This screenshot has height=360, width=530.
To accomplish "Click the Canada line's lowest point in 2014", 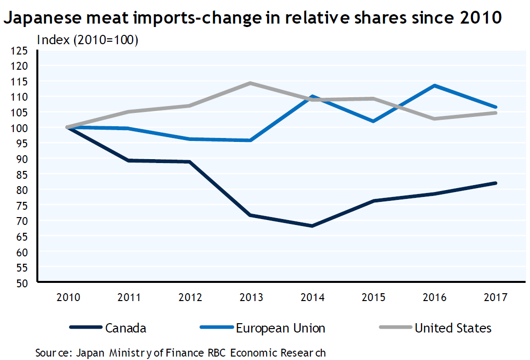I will (312, 226).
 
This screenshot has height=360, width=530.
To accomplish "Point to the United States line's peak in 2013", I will (251, 83).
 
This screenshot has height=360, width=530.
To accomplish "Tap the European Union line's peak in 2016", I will (435, 85).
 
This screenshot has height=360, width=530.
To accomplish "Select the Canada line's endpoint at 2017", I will (496, 183).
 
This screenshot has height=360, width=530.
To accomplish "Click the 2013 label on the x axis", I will (251, 298).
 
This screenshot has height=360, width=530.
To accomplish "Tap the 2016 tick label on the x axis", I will (435, 298).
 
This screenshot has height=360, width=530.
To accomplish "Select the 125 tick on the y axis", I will (22, 50).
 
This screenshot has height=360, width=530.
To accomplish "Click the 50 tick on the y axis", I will (25, 283).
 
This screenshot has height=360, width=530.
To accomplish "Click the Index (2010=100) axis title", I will (87, 40).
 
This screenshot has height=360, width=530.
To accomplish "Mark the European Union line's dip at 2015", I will (373, 121).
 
